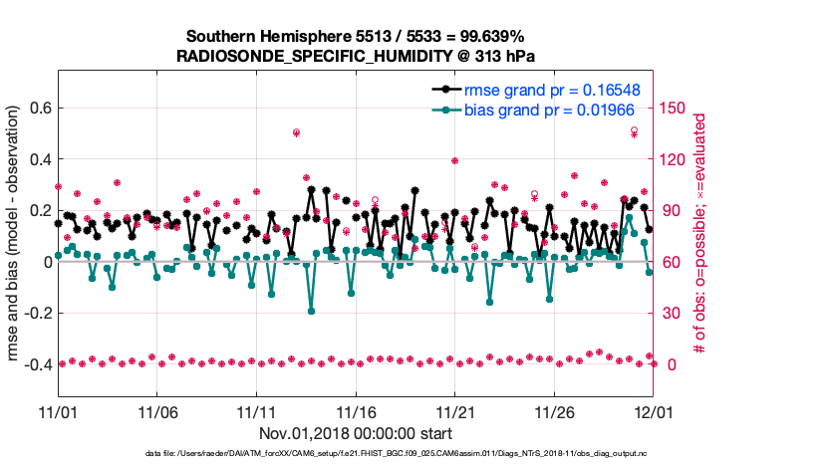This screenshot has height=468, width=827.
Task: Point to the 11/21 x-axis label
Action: tap(454, 411)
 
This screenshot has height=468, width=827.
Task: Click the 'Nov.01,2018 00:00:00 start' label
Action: tap(356, 433)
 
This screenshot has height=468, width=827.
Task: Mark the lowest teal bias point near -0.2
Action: tap(311, 311)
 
